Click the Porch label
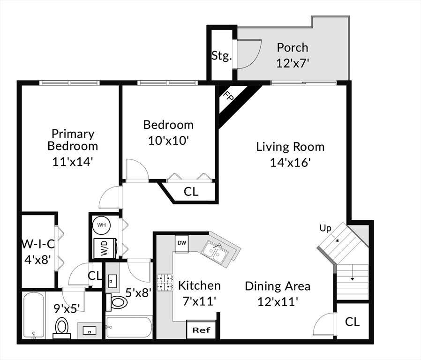292,47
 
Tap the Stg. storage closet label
221,56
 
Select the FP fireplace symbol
229,97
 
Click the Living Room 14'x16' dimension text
290,162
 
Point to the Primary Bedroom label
73,140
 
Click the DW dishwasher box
181,243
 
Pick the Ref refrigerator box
202,330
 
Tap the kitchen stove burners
165,282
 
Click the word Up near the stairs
325,228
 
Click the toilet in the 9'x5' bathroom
62,326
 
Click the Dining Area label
278,286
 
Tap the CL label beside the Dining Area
352,322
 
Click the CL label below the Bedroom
191,192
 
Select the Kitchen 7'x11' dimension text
199,301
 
